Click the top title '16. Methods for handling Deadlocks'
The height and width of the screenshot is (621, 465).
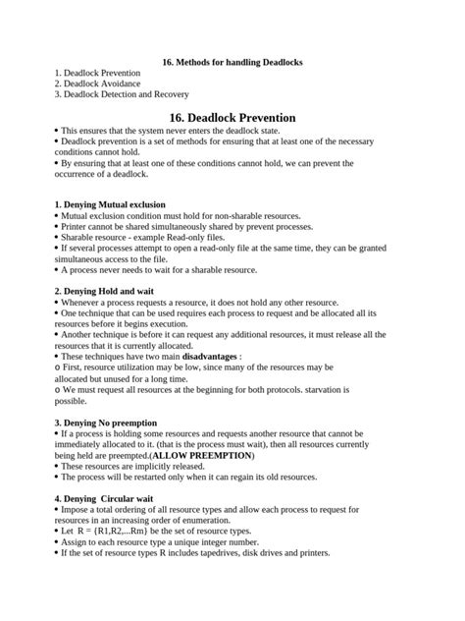point(232,62)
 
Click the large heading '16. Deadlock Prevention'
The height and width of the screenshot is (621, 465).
point(232,116)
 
